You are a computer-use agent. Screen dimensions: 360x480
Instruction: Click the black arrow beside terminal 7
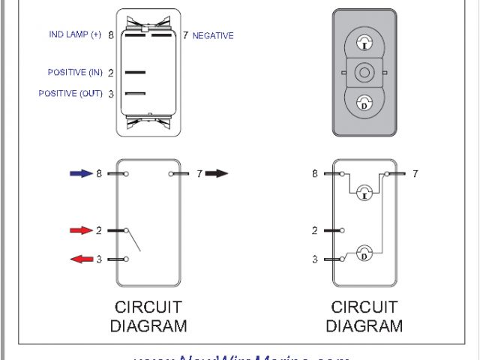pyautogui.click(x=216, y=173)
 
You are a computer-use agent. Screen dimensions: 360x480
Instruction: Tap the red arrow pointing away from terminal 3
pyautogui.click(x=81, y=259)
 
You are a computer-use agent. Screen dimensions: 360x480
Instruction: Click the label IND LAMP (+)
pyautogui.click(x=75, y=34)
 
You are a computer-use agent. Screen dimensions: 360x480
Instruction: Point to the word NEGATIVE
pyautogui.click(x=213, y=35)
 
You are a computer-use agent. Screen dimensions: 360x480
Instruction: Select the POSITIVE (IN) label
pyautogui.click(x=75, y=73)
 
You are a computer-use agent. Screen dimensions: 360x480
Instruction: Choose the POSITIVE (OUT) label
pyautogui.click(x=70, y=94)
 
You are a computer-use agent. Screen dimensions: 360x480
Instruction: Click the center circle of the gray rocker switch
pyautogui.click(x=364, y=73)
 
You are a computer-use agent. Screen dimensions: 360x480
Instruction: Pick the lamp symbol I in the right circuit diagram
pyautogui.click(x=364, y=194)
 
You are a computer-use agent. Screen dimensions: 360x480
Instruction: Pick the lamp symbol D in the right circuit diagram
pyautogui.click(x=364, y=254)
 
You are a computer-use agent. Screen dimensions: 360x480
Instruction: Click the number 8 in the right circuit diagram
pyautogui.click(x=315, y=173)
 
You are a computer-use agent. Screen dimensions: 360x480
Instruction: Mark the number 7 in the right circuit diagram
pyautogui.click(x=415, y=173)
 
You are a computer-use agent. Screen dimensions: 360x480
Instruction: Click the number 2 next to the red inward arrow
pyautogui.click(x=99, y=230)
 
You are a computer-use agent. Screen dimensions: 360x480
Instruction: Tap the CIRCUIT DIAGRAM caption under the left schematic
pyautogui.click(x=148, y=316)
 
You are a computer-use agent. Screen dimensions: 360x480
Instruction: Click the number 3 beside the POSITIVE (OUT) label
pyautogui.click(x=110, y=94)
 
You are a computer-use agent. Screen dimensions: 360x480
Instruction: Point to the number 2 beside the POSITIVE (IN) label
pyautogui.click(x=110, y=73)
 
